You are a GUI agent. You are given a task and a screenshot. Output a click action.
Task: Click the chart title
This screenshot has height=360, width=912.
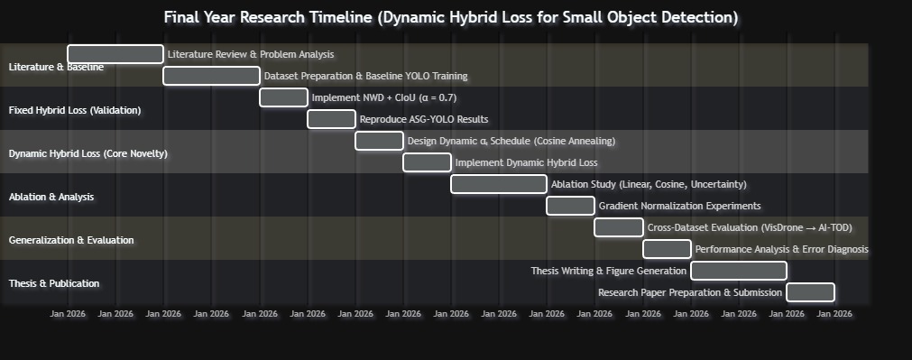[451, 17]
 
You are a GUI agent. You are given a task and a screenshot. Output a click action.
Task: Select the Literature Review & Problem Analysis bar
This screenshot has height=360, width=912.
[115, 54]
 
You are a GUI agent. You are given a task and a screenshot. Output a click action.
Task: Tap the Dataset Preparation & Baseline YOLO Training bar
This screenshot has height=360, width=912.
[212, 76]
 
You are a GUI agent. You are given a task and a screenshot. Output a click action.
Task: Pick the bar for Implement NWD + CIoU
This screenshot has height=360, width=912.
[284, 97]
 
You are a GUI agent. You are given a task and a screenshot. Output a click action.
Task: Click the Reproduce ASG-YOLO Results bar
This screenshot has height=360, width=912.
[332, 119]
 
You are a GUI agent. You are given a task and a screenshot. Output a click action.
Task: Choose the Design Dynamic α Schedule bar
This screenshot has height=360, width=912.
[379, 141]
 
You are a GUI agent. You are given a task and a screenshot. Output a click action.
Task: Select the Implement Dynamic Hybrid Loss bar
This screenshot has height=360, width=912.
[427, 162]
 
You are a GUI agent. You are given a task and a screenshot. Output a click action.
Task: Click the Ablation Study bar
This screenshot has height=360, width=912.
[499, 184]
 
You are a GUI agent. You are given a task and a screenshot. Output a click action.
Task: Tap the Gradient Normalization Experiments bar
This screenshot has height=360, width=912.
[571, 206]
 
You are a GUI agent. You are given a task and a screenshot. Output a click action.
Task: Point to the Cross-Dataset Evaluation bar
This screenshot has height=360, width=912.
[619, 227]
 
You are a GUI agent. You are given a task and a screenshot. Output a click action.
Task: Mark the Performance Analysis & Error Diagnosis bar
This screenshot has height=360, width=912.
[668, 249]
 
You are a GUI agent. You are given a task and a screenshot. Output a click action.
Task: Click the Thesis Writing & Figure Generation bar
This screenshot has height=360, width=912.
[739, 271]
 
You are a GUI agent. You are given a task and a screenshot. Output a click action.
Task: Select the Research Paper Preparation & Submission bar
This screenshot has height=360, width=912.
[811, 292]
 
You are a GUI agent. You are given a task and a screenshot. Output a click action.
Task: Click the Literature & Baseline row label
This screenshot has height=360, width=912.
[57, 67]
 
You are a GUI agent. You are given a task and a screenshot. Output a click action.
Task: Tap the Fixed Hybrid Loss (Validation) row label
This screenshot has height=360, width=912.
[75, 110]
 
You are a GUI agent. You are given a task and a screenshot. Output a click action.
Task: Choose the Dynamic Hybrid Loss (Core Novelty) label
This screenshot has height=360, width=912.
[88, 153]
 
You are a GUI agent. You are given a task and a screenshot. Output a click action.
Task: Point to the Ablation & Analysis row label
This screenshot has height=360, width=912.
[51, 198]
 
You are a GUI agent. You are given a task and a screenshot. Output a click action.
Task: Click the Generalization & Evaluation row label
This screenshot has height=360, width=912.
[71, 240]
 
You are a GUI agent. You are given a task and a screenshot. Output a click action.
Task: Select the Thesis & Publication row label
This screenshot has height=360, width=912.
[54, 284]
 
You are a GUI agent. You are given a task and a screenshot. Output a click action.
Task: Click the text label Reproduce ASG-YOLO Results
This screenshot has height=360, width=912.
[424, 119]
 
